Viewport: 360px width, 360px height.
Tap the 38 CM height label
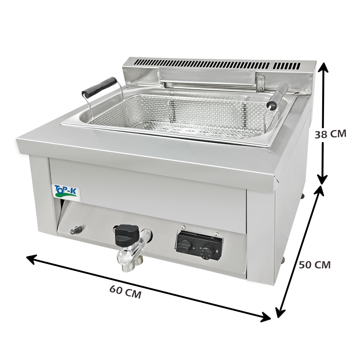tap(330, 134)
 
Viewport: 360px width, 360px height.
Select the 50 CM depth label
tap(315, 265)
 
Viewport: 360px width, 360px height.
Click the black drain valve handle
tap(127, 235)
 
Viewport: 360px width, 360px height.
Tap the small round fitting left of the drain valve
tap(76, 230)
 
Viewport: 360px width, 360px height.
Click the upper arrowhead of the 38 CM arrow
tap(323, 68)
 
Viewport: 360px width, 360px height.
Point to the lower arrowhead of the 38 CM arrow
tap(323, 179)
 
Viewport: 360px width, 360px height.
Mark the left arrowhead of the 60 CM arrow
tap(32, 259)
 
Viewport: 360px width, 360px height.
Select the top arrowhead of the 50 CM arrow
tap(319, 191)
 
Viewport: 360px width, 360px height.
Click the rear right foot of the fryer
tap(303, 196)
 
